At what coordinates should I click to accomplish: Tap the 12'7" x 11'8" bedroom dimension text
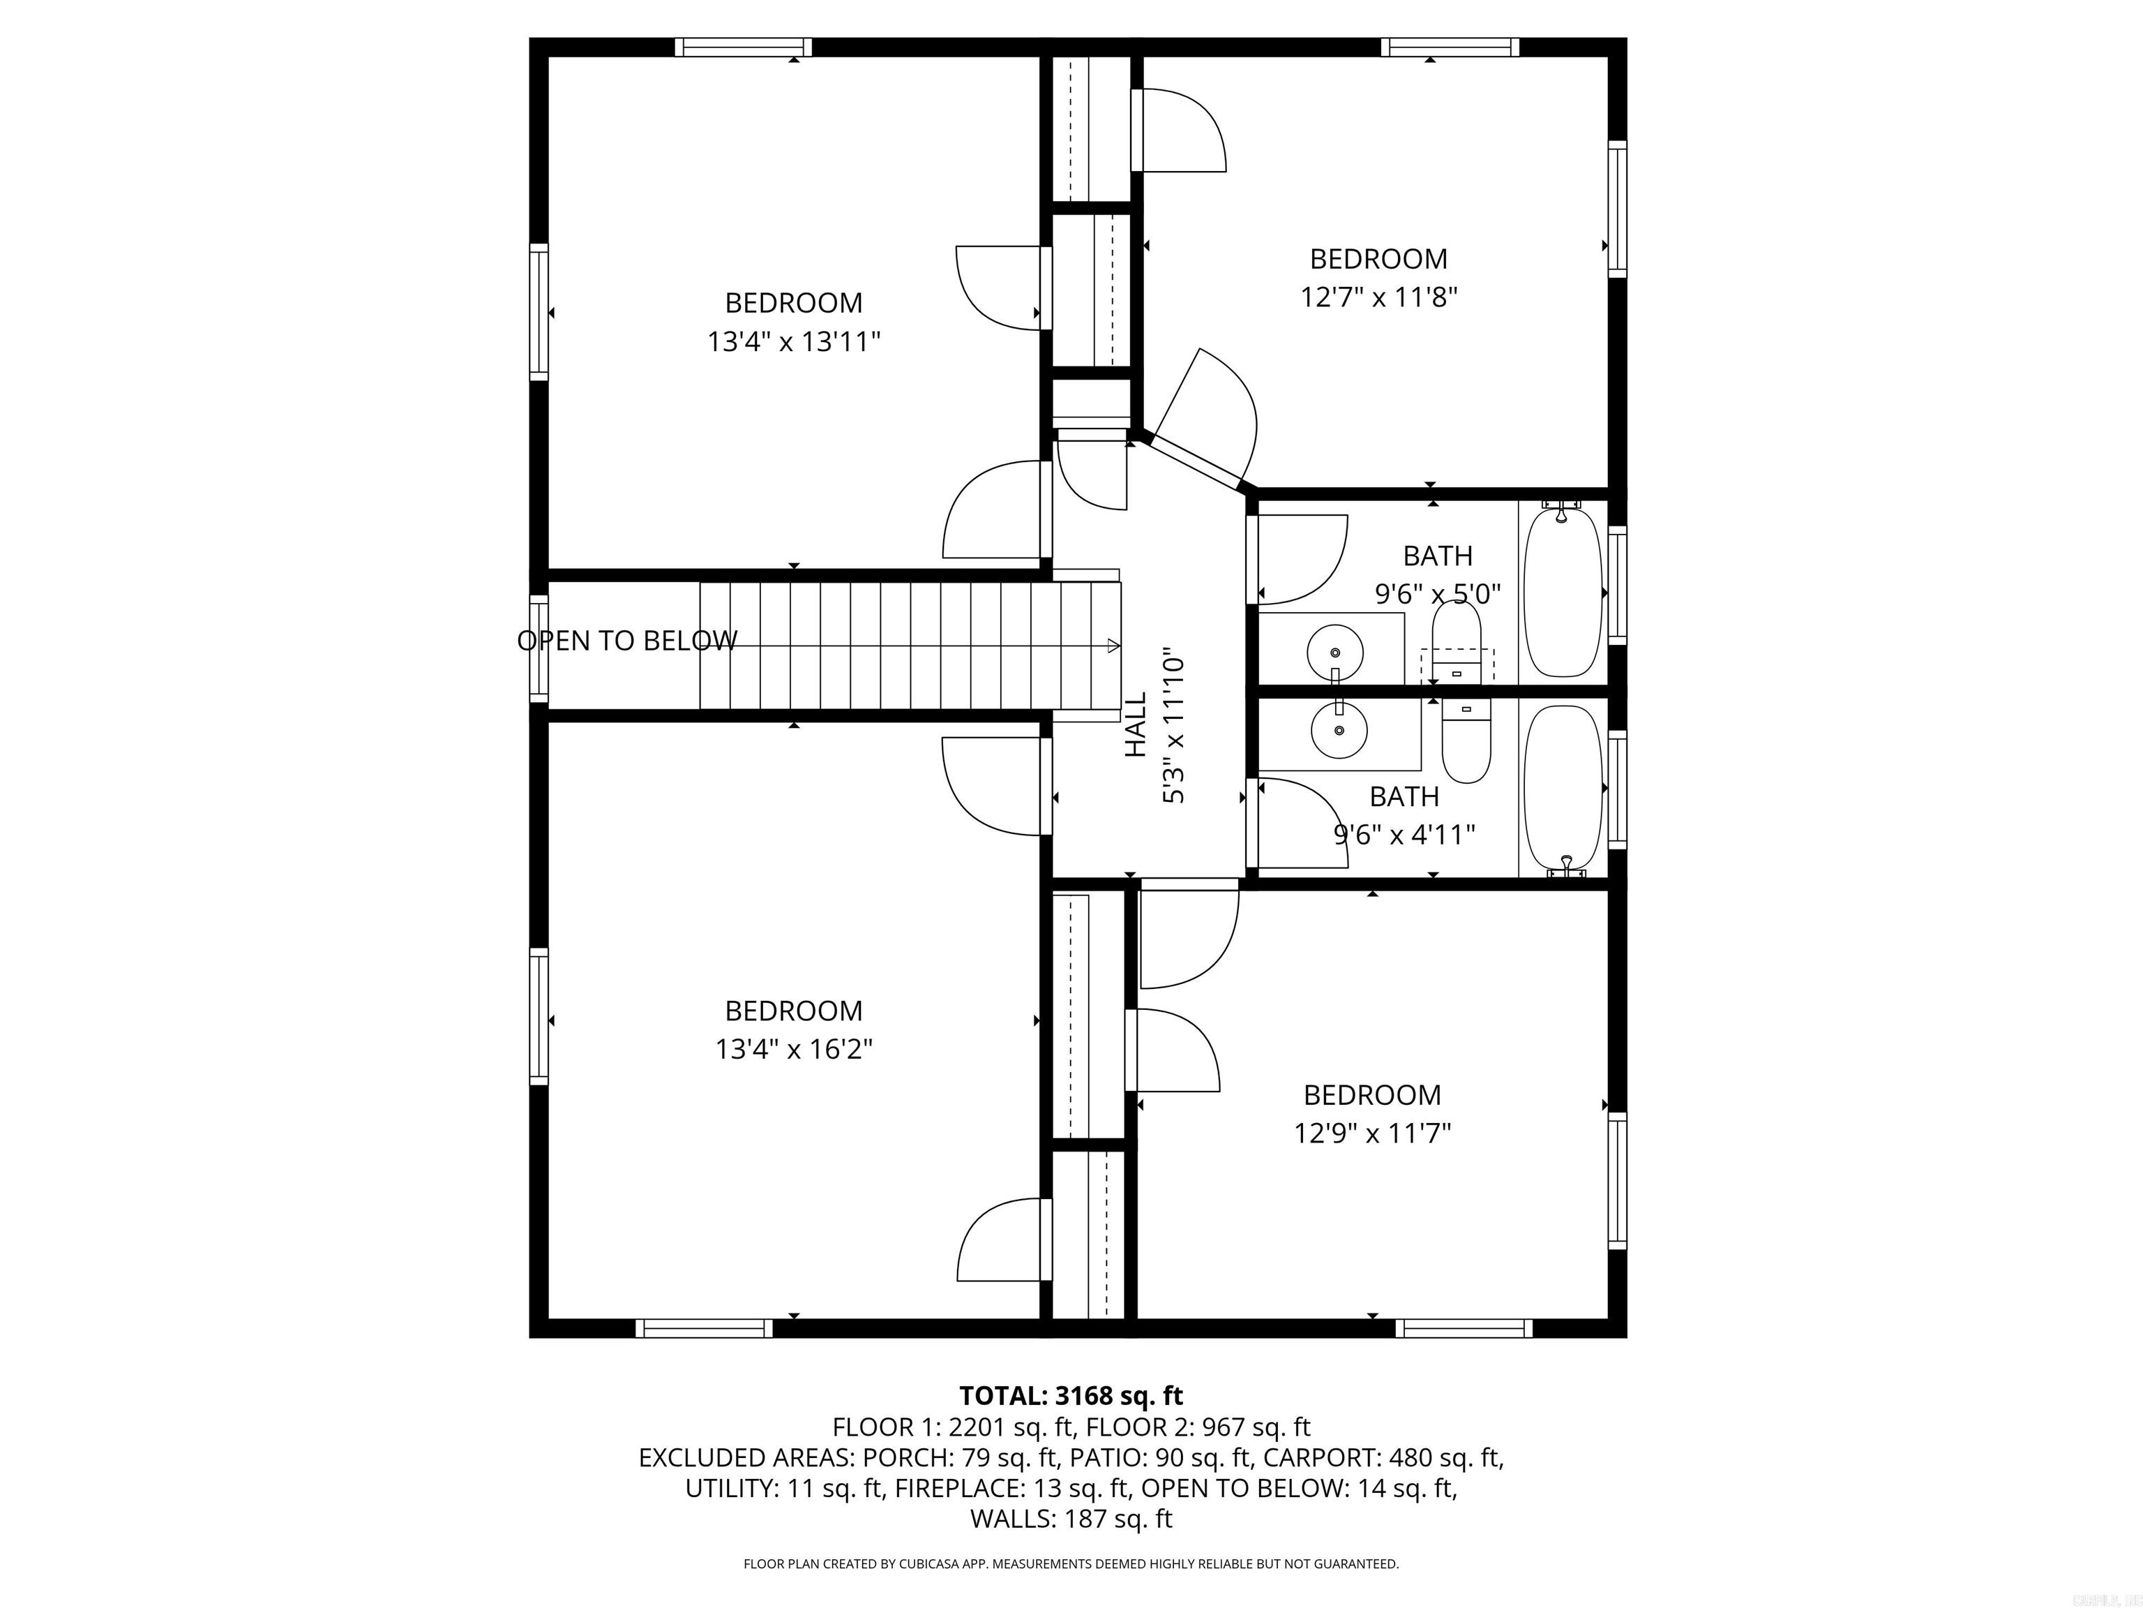(1378, 297)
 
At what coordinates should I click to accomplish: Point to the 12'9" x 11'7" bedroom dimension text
(1372, 1133)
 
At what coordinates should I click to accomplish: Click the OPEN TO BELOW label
(627, 641)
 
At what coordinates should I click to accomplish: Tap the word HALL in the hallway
(1136, 724)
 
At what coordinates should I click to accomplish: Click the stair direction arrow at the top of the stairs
(1114, 646)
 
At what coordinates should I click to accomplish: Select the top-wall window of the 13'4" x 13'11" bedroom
(743, 47)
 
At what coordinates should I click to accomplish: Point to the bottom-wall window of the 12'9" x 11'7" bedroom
(1463, 1328)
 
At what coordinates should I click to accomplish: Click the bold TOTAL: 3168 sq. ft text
(1071, 1396)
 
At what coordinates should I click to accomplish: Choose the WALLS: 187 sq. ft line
(1071, 1519)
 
